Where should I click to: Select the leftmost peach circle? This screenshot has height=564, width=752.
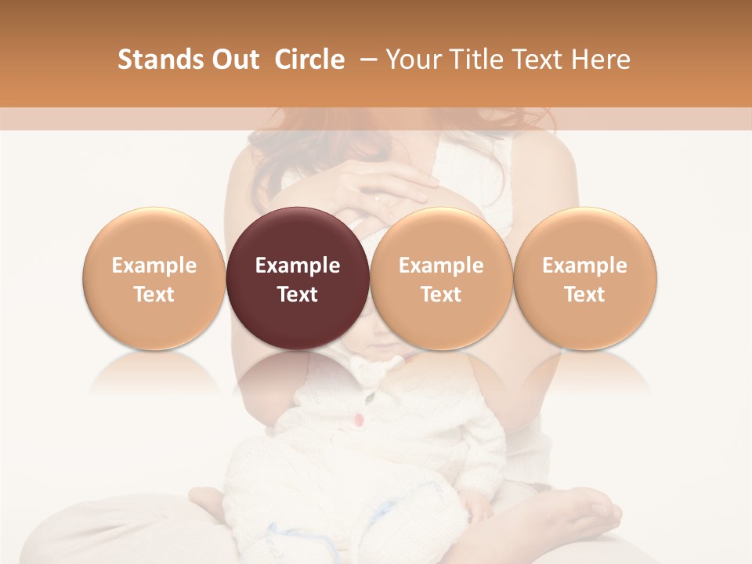point(154,278)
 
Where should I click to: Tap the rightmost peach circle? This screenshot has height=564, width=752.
point(585,278)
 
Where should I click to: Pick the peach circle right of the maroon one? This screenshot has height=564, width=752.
point(441,278)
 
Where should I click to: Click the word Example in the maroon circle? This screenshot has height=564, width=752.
point(298,266)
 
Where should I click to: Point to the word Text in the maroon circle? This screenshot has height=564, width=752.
point(298,295)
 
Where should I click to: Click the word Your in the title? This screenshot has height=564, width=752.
point(412,60)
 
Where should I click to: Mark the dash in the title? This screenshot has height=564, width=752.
point(367,60)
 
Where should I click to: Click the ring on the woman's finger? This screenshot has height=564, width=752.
point(378,198)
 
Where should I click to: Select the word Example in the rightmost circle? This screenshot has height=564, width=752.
point(585,266)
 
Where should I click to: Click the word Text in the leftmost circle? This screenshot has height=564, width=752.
point(154,295)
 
